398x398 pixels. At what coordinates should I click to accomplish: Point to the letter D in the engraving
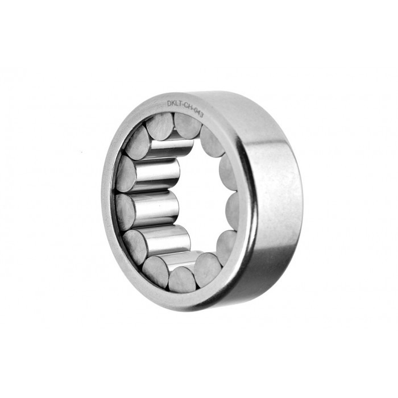pos(169,103)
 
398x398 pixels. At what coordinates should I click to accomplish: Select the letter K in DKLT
pos(173,103)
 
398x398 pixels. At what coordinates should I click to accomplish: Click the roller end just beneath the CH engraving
pos(187,125)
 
